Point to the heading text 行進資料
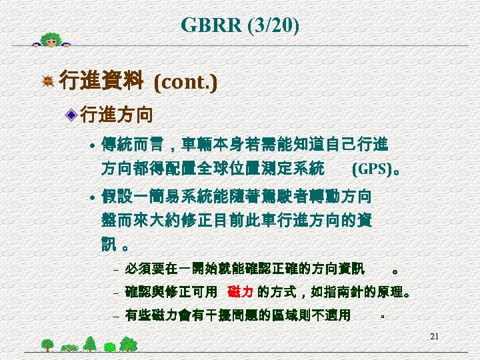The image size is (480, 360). (101, 82)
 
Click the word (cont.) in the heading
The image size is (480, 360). (185, 83)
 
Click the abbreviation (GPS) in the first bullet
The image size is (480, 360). (371, 168)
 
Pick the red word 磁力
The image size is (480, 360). (239, 292)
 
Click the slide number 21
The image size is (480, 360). (434, 336)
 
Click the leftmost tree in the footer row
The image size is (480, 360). (47, 345)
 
